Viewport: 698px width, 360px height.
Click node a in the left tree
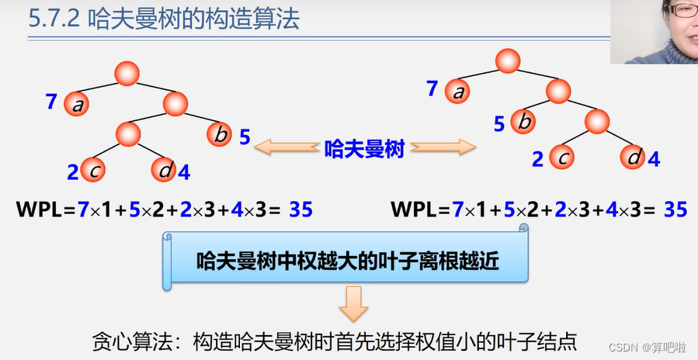(x=77, y=105)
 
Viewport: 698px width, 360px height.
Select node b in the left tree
(x=221, y=136)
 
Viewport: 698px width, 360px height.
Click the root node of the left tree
(x=127, y=74)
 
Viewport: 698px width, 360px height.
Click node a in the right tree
(x=458, y=92)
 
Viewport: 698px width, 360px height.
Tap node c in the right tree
(x=563, y=157)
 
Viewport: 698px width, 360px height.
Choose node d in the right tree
(x=634, y=157)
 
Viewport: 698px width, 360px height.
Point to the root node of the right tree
(x=507, y=60)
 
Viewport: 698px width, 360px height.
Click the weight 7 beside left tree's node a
(x=51, y=102)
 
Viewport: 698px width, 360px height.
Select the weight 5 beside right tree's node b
(x=499, y=123)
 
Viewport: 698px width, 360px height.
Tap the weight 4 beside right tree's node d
(x=654, y=160)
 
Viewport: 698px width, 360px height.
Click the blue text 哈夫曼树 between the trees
(x=364, y=149)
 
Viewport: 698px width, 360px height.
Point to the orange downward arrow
(x=353, y=303)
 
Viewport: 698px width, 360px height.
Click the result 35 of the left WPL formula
(x=300, y=209)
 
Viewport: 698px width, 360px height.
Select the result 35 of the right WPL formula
(x=675, y=209)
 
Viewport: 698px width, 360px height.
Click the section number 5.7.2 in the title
(x=54, y=19)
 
